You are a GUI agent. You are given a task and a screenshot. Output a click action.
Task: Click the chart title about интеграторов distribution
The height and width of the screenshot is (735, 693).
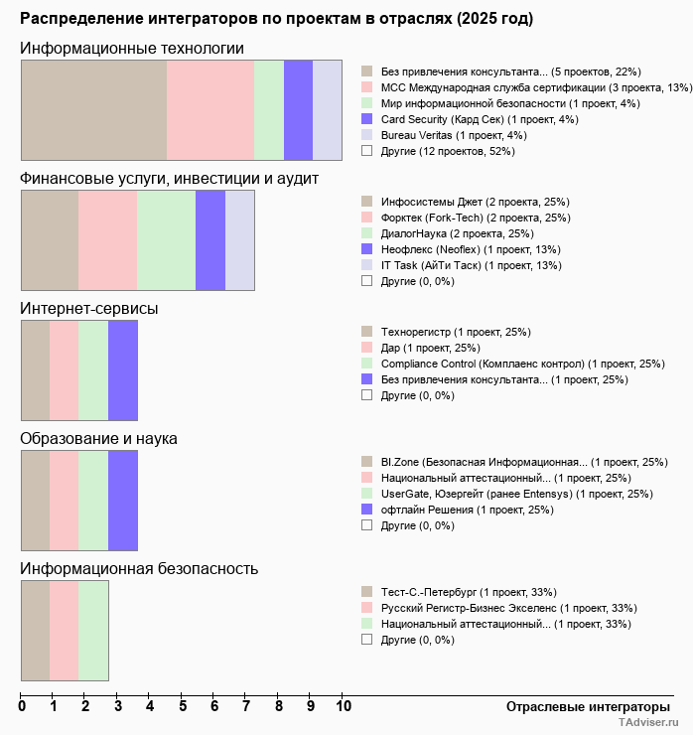(x=276, y=19)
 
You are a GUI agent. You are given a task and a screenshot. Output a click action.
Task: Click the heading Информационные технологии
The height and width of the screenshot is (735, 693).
(x=132, y=49)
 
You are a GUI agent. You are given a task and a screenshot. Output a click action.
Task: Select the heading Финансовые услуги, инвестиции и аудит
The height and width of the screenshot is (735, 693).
(x=170, y=178)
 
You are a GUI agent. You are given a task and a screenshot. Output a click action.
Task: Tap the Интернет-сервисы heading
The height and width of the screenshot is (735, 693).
(x=89, y=308)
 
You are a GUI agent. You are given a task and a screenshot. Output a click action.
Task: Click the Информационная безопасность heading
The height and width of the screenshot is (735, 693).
(x=140, y=568)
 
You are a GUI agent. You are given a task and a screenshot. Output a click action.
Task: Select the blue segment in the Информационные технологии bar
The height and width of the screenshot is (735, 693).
(x=298, y=109)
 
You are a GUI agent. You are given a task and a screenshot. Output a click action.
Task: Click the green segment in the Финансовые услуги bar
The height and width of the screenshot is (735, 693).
(x=166, y=239)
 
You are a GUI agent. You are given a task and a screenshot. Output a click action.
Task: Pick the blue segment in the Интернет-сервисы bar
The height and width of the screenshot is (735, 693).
(x=122, y=370)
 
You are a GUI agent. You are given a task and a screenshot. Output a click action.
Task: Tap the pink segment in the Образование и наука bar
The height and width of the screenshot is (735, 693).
(x=64, y=500)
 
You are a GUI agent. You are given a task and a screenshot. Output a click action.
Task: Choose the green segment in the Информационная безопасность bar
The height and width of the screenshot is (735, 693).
(x=93, y=630)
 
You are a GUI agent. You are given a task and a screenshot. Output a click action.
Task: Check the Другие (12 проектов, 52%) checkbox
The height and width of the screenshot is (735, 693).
(x=367, y=151)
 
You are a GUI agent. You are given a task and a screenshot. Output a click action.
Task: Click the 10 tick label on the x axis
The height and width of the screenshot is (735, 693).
(x=343, y=707)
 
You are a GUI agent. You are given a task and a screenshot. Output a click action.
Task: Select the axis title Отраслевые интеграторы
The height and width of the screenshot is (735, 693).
(x=582, y=707)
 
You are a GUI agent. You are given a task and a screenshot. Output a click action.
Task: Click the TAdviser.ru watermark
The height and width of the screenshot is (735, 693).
(x=649, y=724)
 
